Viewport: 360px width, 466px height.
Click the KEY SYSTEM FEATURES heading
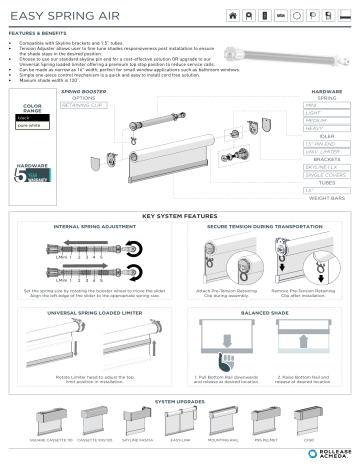coord(180,215)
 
